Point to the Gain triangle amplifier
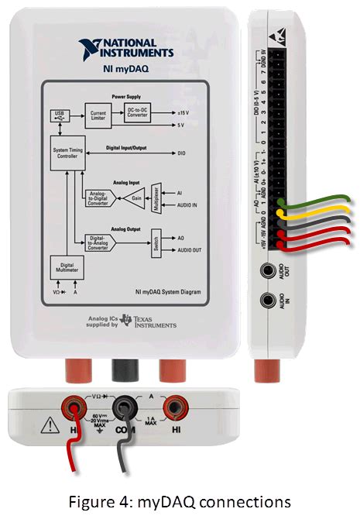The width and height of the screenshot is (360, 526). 135,196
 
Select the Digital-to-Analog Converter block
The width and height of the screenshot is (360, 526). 99,242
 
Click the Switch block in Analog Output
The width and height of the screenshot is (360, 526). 155,241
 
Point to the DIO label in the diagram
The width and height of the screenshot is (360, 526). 181,153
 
